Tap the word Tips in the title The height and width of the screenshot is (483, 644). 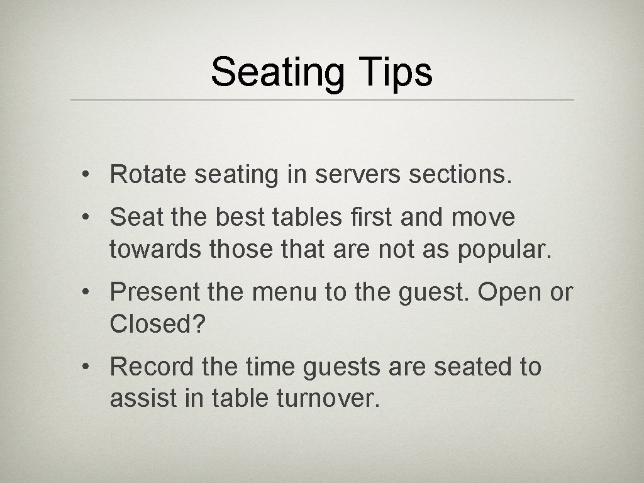coord(396,72)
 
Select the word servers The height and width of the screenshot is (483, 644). coord(355,175)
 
